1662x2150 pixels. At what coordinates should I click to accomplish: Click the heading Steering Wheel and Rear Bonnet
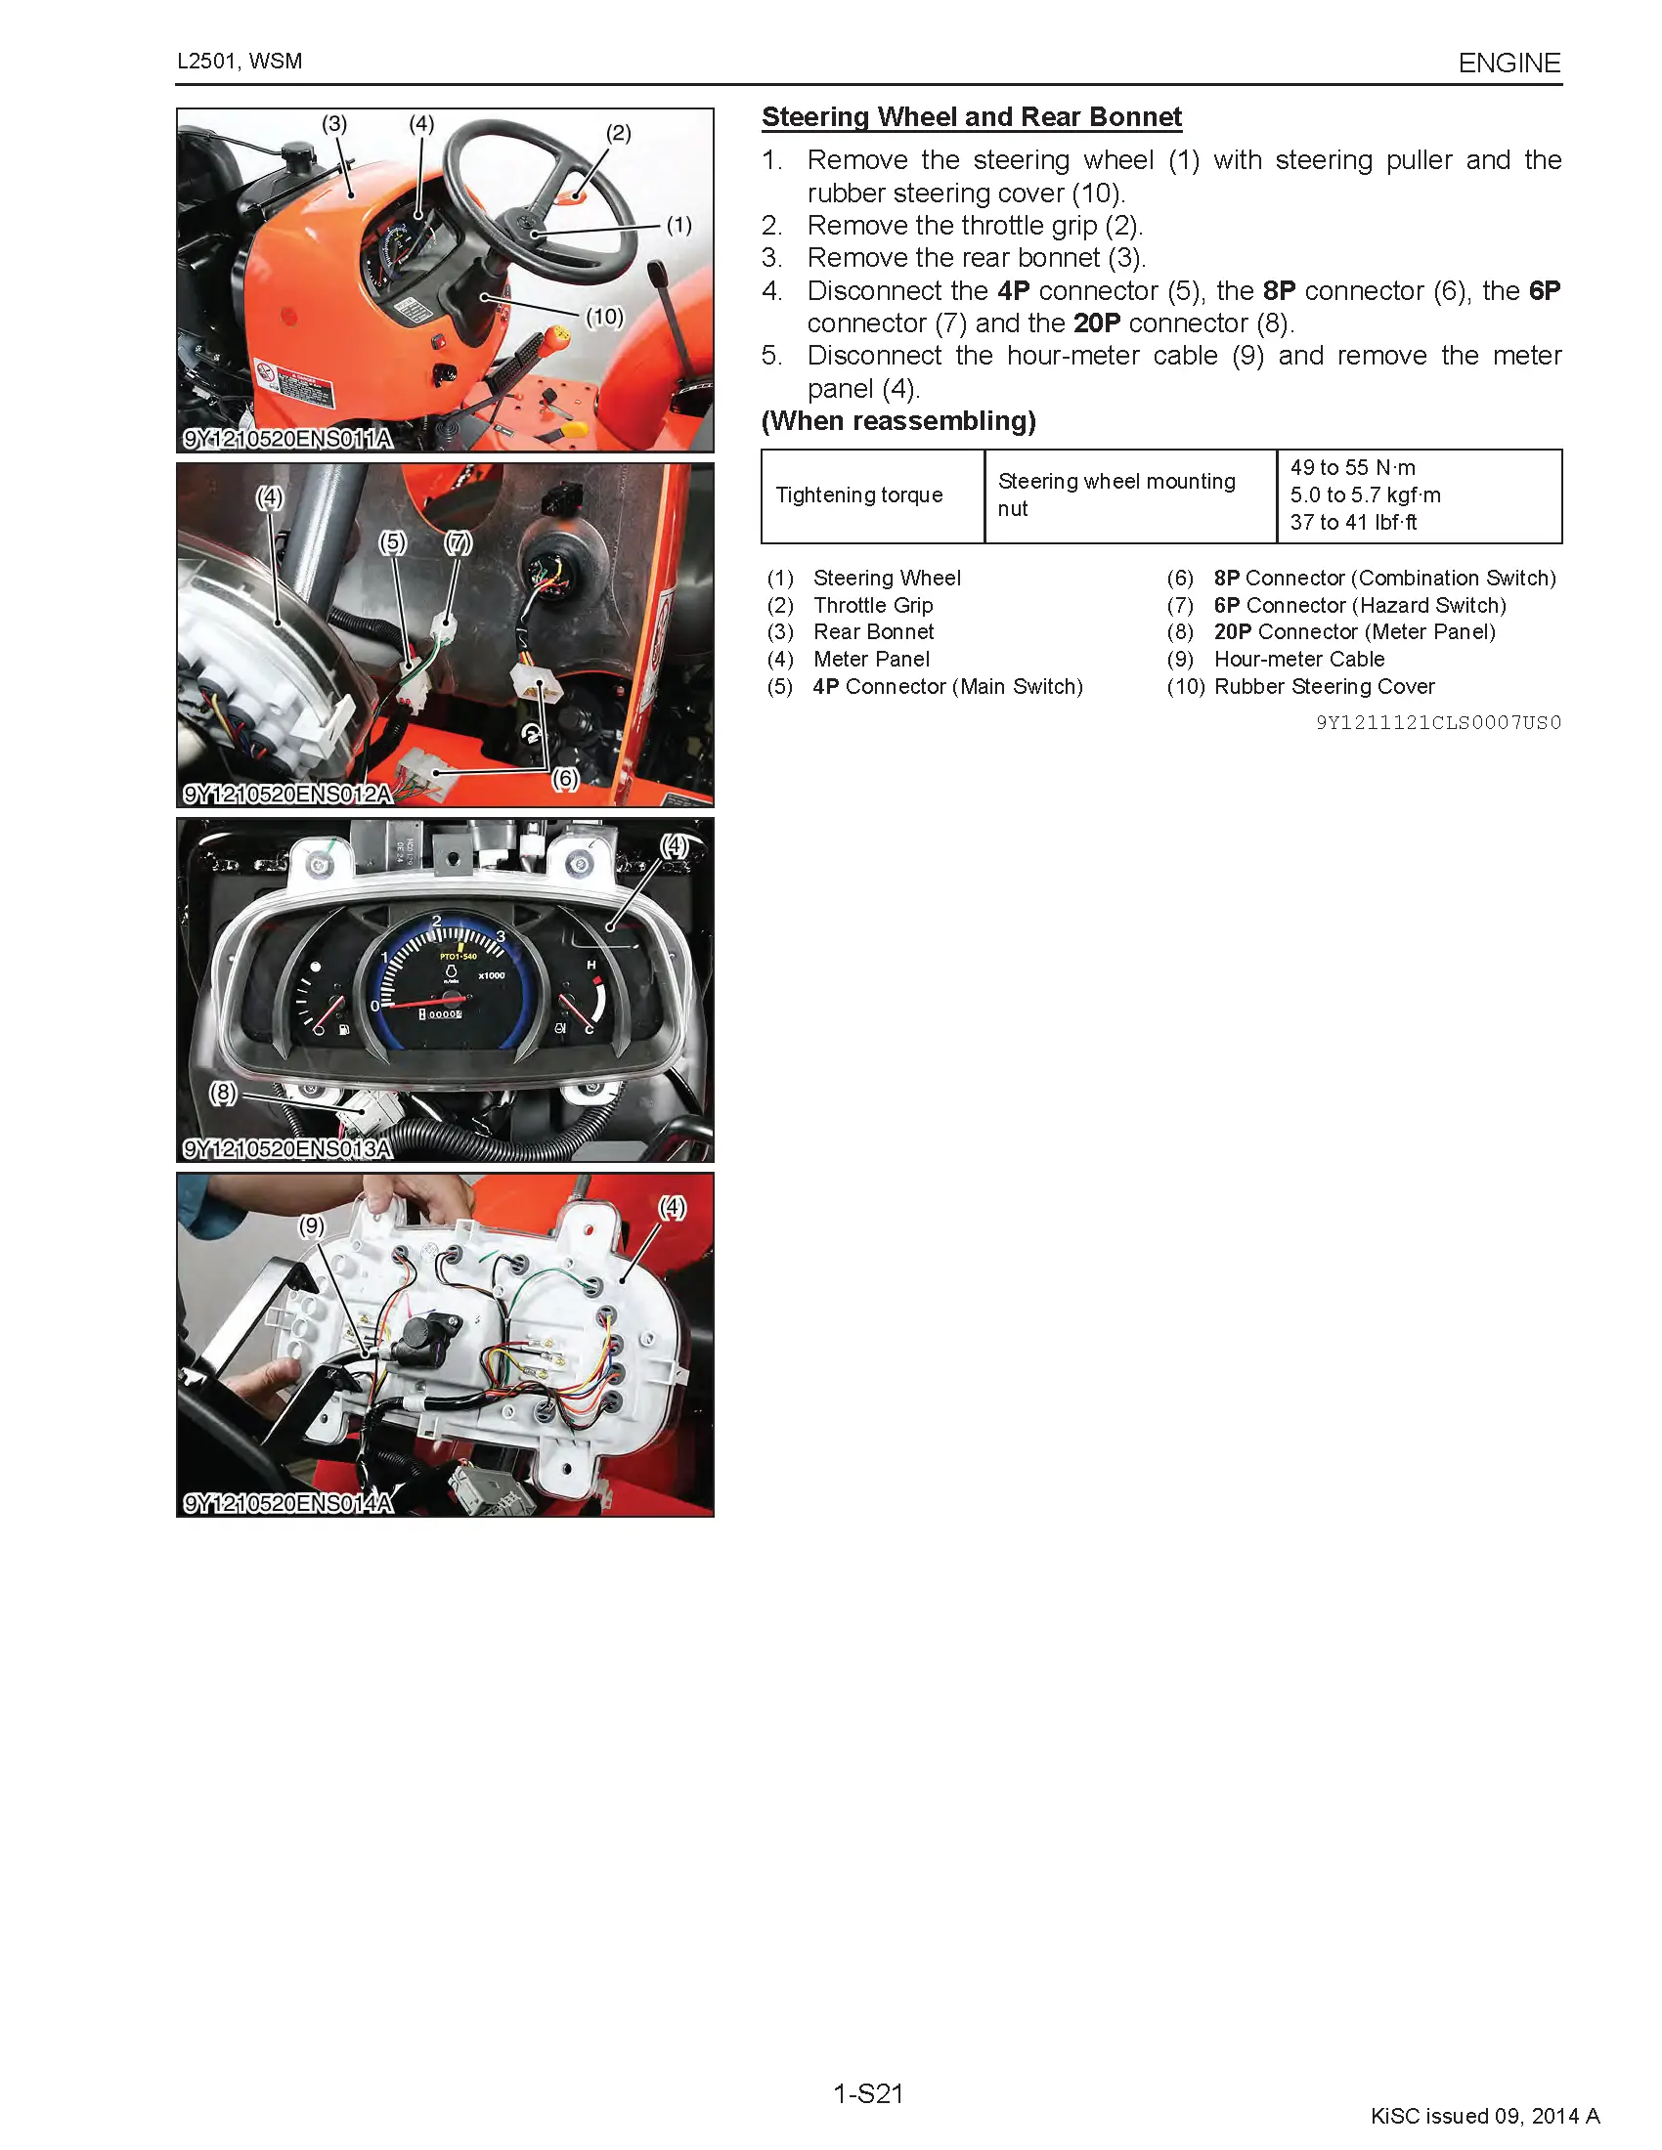coord(971,117)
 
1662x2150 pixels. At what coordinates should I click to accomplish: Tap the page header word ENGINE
coord(1509,63)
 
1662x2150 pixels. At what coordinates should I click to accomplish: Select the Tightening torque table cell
coord(858,495)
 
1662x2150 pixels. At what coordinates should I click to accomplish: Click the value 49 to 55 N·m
coord(1352,467)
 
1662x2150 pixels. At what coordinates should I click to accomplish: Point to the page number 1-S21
coord(867,2093)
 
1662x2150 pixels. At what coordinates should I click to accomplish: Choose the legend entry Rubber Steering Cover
coord(1324,686)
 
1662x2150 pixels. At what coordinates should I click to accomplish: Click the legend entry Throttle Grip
coord(872,606)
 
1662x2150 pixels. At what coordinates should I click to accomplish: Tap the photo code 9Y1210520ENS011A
coord(287,439)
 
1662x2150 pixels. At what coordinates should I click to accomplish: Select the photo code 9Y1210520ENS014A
coord(287,1503)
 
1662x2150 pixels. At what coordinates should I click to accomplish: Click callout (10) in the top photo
coord(604,317)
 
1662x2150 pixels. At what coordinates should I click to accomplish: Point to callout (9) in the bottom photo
coord(311,1225)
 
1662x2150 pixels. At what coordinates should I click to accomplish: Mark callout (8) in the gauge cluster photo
coord(224,1093)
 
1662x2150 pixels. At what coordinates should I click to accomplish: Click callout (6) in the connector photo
coord(564,779)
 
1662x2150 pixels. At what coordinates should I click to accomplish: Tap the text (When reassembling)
coord(897,421)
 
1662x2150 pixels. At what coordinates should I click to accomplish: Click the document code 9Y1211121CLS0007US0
coord(1437,722)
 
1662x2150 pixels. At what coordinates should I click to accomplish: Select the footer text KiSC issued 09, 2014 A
coord(1484,2116)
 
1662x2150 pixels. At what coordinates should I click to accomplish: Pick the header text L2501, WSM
coord(240,61)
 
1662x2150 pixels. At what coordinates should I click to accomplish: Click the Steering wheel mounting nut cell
coord(1115,494)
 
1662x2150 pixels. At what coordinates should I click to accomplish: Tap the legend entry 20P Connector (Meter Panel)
coord(1354,632)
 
